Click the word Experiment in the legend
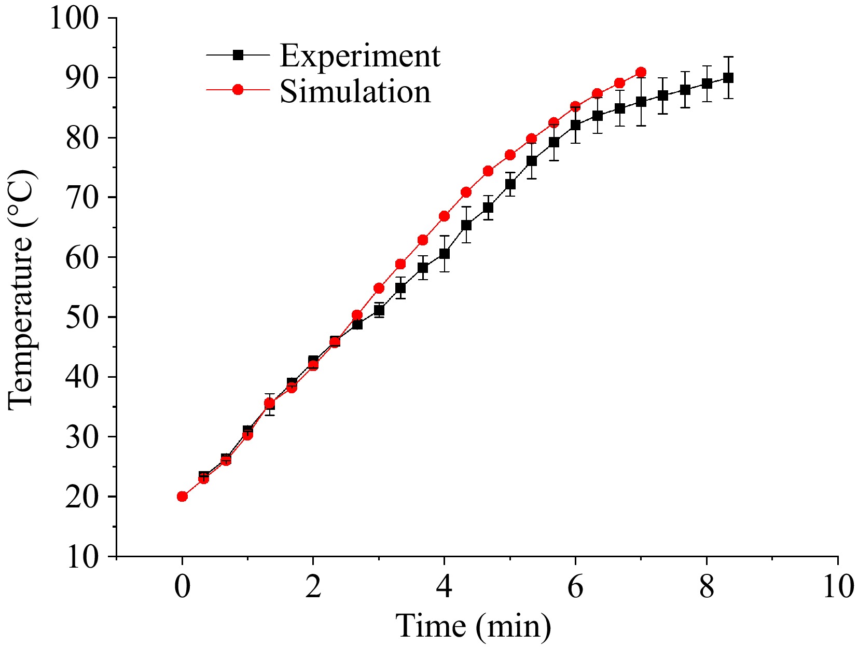point(359,56)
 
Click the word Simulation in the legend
point(355,91)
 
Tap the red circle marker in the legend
point(238,90)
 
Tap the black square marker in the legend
point(238,54)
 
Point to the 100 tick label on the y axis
point(74,19)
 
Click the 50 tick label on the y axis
point(82,318)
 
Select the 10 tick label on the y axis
point(82,557)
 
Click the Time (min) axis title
point(473,626)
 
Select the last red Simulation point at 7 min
point(641,72)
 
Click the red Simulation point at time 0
point(182,497)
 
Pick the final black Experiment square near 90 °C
point(728,78)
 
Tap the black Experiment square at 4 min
point(444,254)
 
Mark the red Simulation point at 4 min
point(444,216)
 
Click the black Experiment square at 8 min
point(707,84)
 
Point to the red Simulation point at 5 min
point(510,155)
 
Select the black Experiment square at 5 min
point(510,184)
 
